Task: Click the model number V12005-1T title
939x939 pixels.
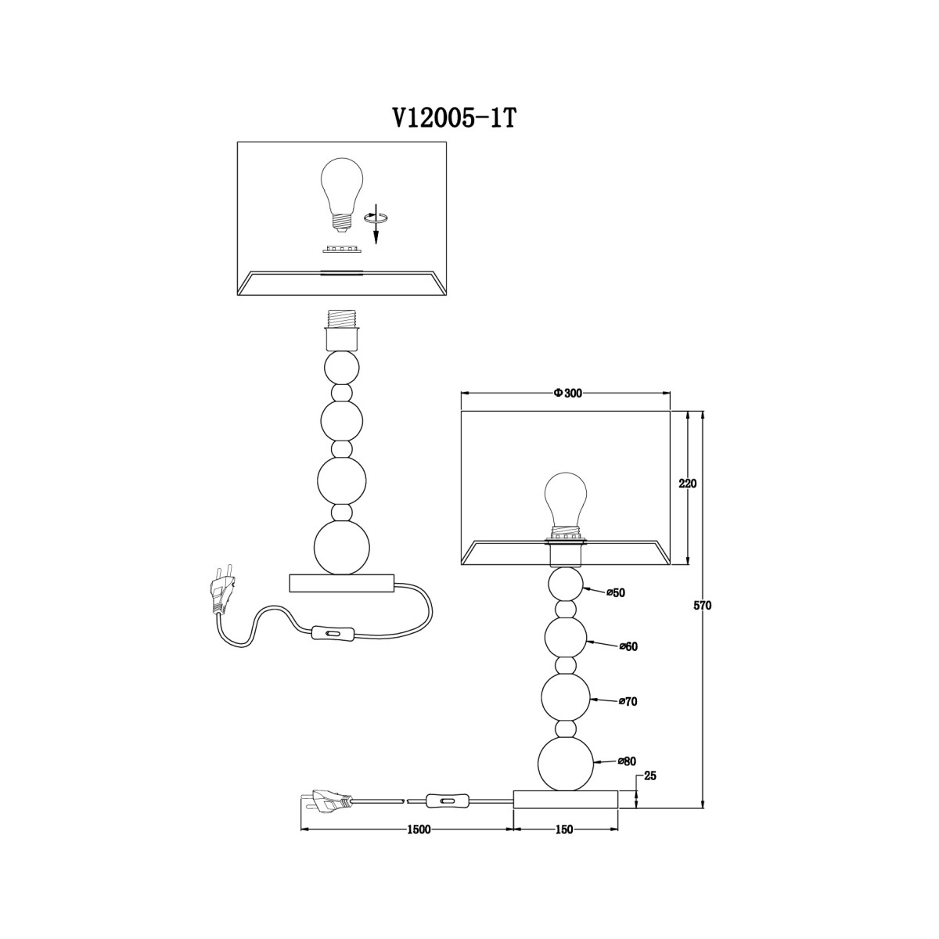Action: click(x=454, y=119)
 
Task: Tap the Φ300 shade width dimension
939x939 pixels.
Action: click(x=567, y=394)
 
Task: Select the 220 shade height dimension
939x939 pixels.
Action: click(x=688, y=484)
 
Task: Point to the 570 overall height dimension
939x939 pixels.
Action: click(x=703, y=606)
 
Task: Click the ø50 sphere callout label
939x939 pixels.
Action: click(x=616, y=593)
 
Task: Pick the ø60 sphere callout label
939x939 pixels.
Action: click(x=628, y=646)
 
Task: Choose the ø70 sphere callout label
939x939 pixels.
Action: click(x=628, y=702)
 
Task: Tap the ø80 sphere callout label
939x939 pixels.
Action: click(x=627, y=761)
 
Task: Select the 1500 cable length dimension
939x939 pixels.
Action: click(x=418, y=829)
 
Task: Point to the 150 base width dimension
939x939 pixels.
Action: click(x=563, y=829)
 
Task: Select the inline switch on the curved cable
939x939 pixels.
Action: click(x=332, y=634)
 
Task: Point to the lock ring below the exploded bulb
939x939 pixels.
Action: click(x=342, y=250)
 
